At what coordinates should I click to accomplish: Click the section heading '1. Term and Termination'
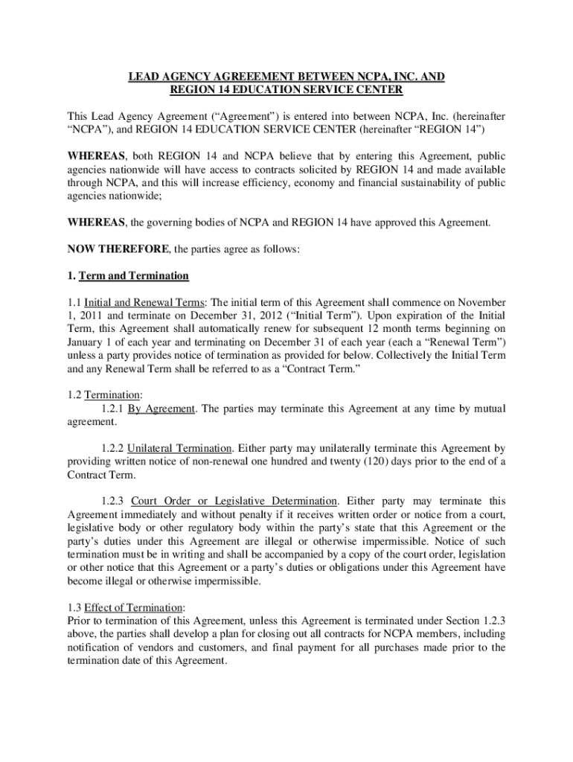tap(128, 276)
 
